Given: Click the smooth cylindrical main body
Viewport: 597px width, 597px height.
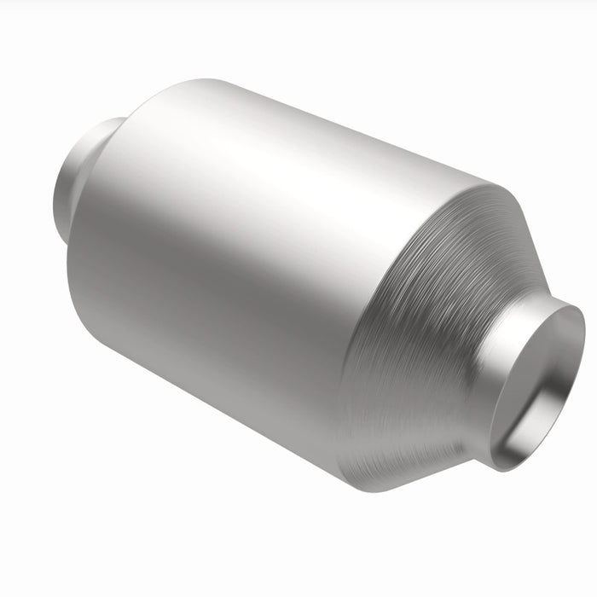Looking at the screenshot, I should tap(256, 256).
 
